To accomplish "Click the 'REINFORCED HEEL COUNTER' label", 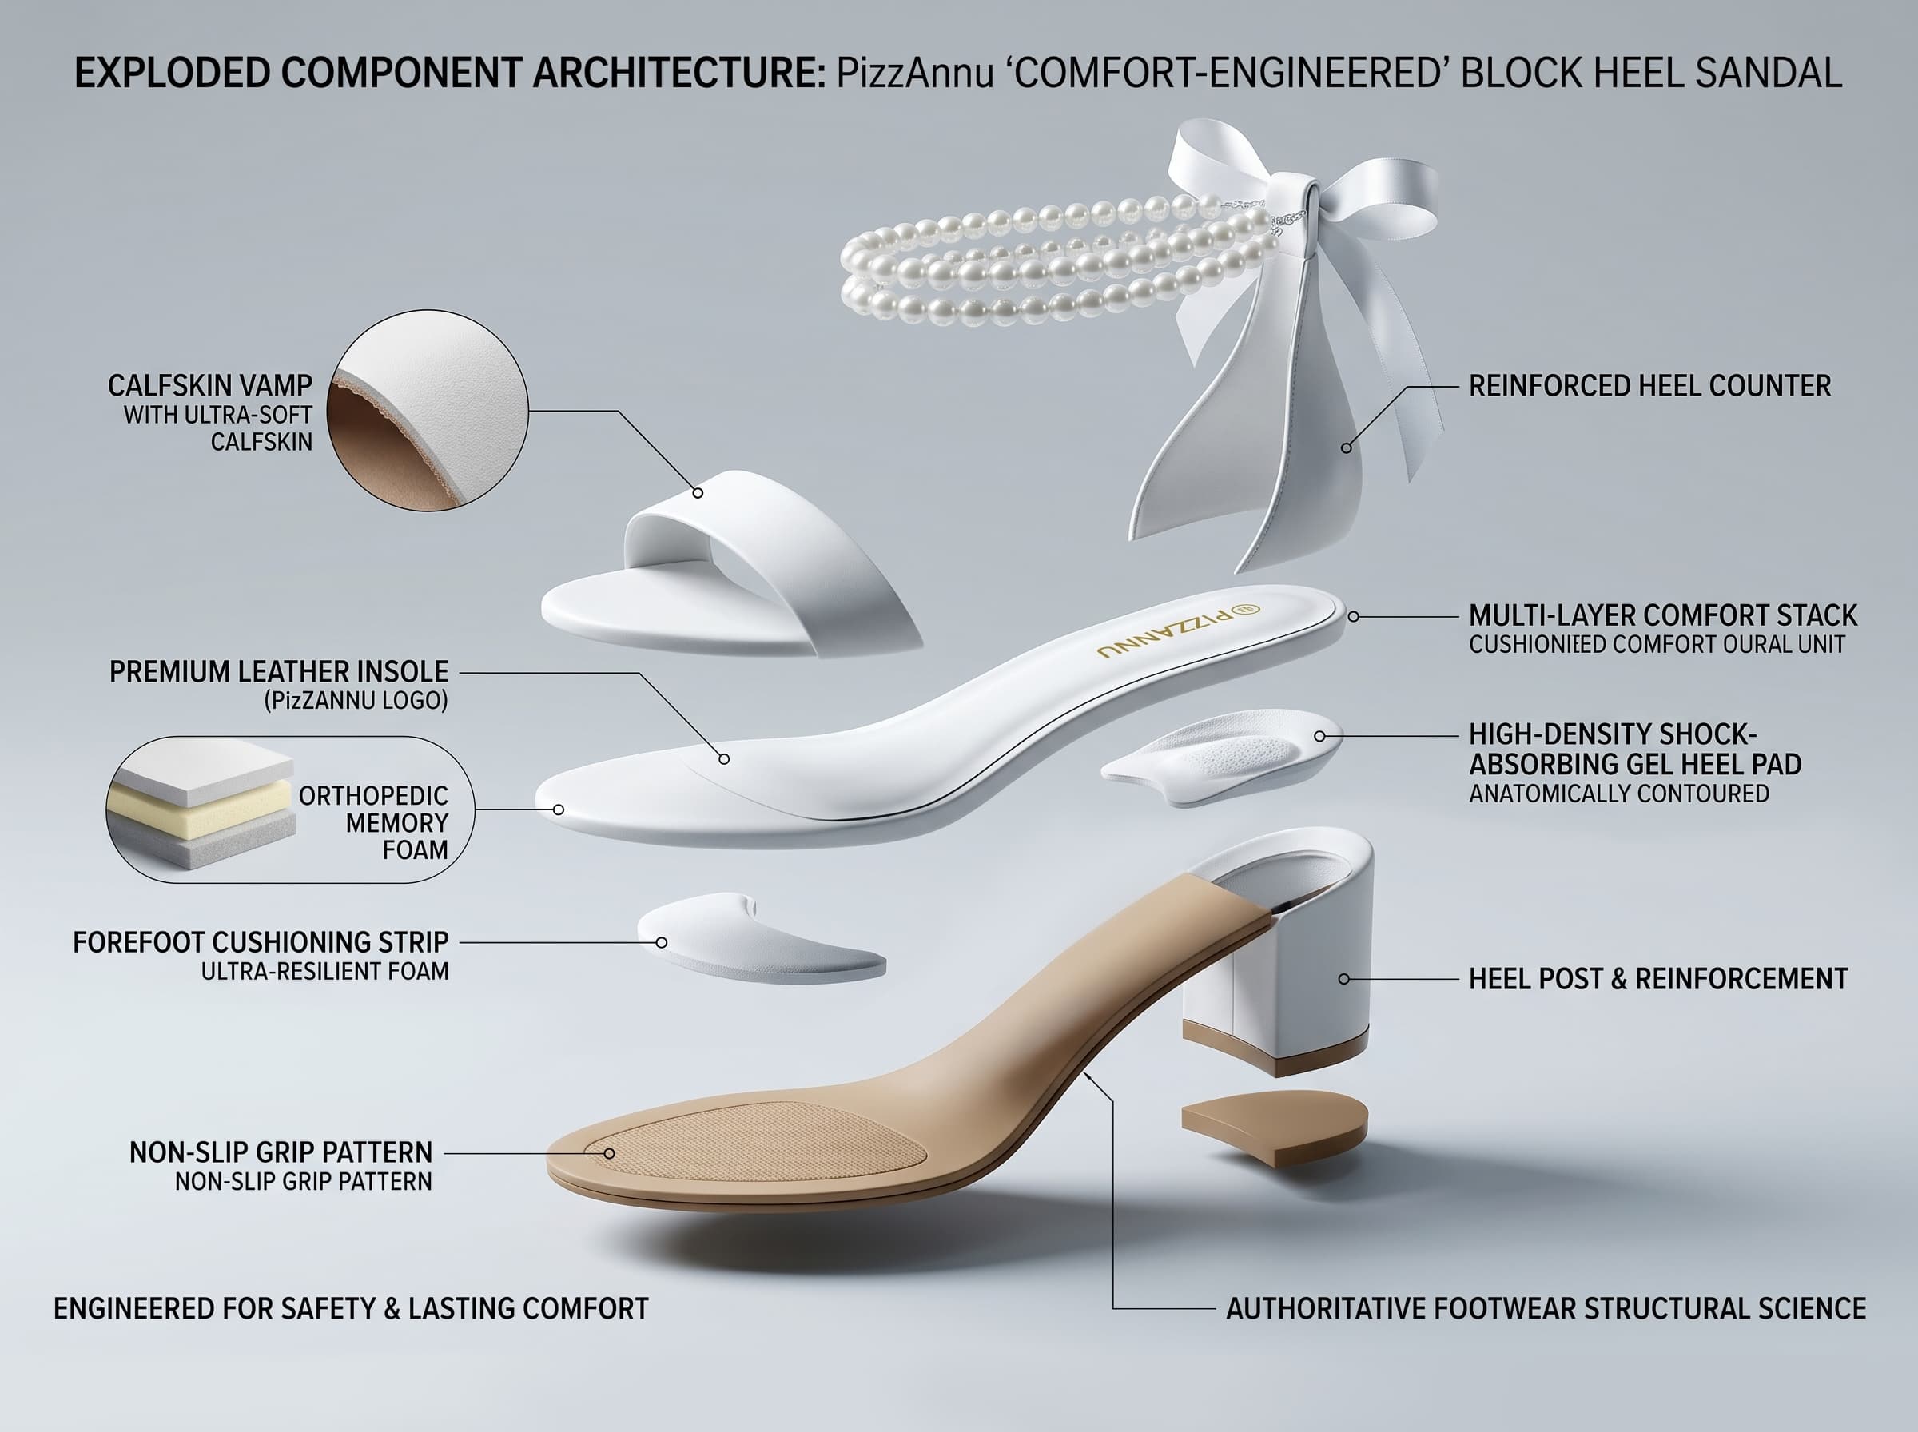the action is [x=1649, y=386].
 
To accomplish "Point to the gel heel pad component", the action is [x=1223, y=757].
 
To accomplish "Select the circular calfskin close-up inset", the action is [x=428, y=410].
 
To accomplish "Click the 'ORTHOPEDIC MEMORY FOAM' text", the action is [x=373, y=822].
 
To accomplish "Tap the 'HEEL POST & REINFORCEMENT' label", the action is [x=1658, y=979].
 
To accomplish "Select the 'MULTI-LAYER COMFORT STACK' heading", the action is [x=1662, y=615].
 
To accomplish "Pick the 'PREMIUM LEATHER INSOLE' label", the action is [x=278, y=672].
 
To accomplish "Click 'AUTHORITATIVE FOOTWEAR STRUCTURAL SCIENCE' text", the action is [x=1546, y=1308].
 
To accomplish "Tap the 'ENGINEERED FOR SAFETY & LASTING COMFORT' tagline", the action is [x=351, y=1308].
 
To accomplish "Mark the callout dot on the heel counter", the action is [x=1346, y=448].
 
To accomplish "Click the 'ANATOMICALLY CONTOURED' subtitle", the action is [x=1618, y=794].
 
